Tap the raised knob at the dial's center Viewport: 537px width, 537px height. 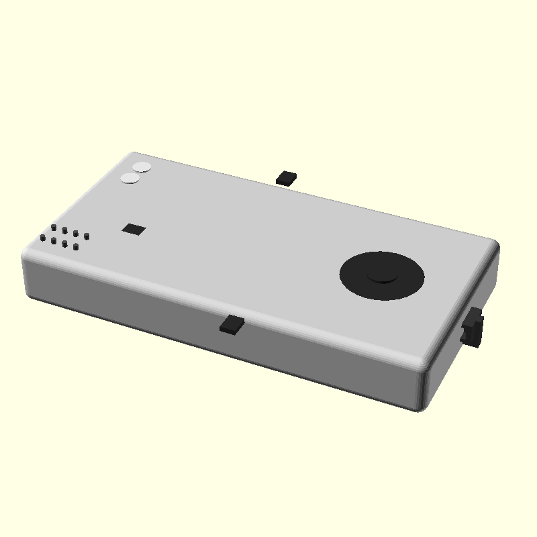382,273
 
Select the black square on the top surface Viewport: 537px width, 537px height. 134,229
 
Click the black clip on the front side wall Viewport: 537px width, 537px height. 232,324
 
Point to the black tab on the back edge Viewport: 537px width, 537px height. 287,177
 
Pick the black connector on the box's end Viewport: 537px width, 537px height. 474,327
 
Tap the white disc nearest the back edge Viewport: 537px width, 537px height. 142,167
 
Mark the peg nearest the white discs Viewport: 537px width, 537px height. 54,228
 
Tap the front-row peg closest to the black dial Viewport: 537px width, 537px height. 76,246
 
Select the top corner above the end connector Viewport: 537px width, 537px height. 495,243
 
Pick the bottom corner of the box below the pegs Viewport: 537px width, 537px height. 30,296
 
